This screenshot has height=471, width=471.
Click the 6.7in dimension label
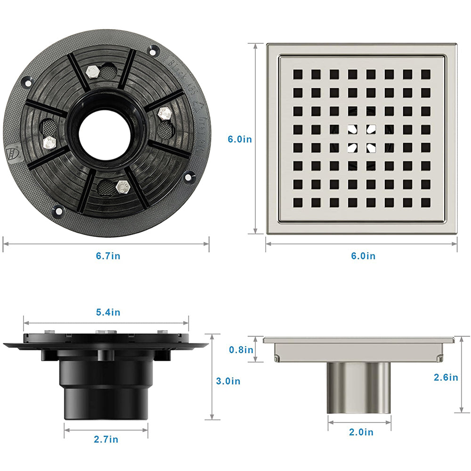coord(108,256)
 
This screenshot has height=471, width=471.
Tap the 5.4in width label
coord(108,312)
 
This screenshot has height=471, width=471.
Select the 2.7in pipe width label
coord(106,439)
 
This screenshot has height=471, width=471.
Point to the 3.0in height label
coord(228,381)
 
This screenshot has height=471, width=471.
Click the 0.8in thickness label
coord(241,349)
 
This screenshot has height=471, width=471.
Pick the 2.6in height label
coord(446,377)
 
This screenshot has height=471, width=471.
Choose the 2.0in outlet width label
coord(361,432)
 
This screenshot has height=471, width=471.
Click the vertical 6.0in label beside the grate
coord(240,139)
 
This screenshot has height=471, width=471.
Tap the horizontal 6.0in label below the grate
coord(364,256)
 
